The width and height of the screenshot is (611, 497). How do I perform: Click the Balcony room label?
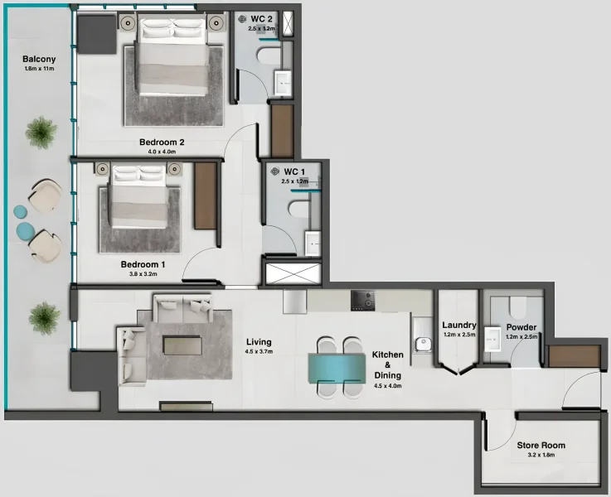click(39, 60)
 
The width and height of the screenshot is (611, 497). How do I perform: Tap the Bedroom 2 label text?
click(161, 142)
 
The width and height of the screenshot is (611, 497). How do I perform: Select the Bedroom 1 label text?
click(143, 264)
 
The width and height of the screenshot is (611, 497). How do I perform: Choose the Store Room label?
click(541, 446)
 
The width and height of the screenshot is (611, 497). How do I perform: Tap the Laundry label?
click(458, 325)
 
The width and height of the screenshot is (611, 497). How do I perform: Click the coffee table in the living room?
click(182, 344)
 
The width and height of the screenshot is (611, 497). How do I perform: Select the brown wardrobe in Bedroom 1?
click(206, 196)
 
